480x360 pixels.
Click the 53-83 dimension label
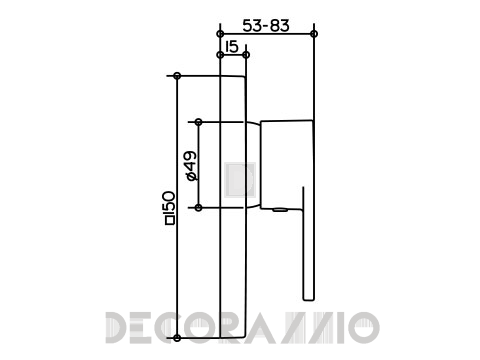(266, 26)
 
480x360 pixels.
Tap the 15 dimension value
(232, 47)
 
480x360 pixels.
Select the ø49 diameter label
(191, 166)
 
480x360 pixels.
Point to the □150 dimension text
(170, 208)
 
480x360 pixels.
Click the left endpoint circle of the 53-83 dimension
(220, 34)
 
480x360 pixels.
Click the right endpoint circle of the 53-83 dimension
(314, 34)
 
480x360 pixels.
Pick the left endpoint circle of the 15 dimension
(220, 55)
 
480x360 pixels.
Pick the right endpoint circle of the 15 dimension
(246, 55)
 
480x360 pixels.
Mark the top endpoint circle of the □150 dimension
(177, 76)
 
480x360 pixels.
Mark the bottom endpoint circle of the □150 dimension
(177, 338)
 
